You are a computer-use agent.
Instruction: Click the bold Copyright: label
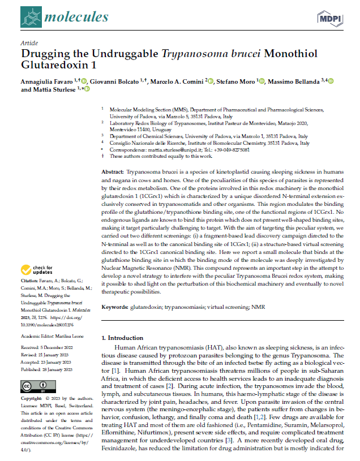[32, 399]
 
